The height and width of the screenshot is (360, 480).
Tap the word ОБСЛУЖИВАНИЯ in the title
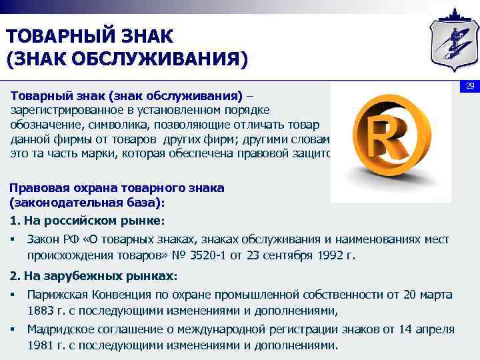161,59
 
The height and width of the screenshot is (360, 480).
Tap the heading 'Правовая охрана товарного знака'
117,188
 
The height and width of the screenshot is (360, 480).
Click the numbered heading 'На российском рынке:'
93,220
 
